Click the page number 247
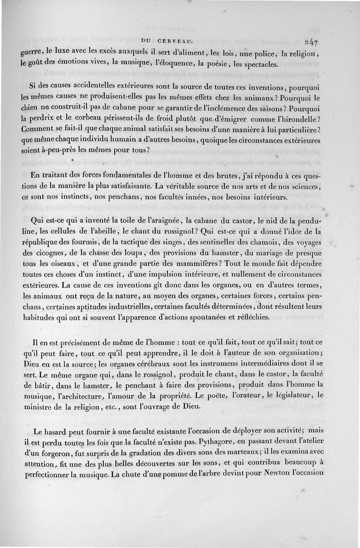[310, 43]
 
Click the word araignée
[159, 220]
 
